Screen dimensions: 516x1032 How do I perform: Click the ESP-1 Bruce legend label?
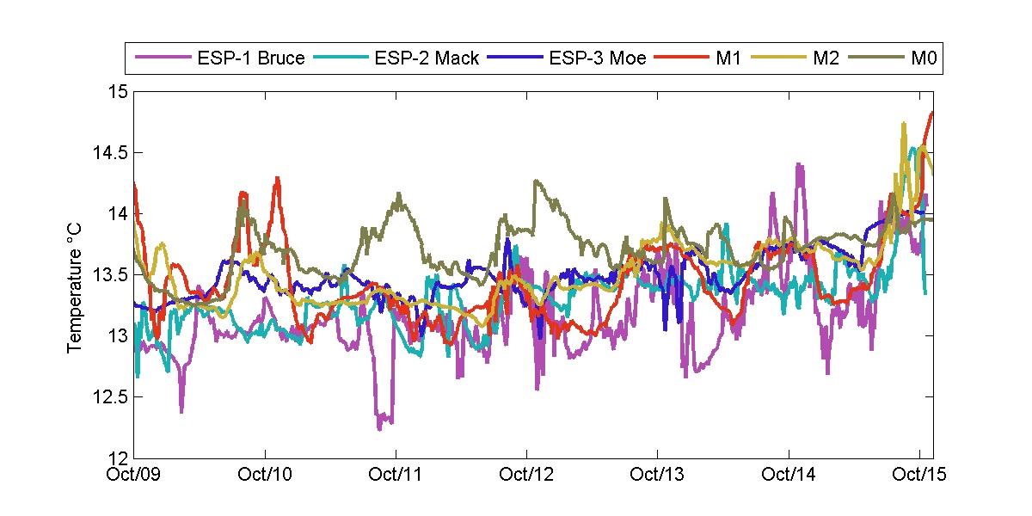tap(249, 59)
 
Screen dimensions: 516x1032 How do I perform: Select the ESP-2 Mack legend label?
tap(426, 59)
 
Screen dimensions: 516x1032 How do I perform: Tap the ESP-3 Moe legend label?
tap(597, 59)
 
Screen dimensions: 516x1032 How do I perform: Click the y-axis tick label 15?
tap(118, 91)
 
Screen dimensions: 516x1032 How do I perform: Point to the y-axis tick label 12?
tap(118, 458)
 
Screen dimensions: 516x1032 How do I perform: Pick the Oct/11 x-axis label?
tap(396, 475)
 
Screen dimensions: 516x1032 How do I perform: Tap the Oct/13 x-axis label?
tap(658, 475)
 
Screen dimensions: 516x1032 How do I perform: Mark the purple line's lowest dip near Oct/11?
tap(379, 427)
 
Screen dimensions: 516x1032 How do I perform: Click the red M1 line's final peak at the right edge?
tap(932, 112)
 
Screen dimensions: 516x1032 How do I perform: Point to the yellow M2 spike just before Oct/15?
tap(904, 124)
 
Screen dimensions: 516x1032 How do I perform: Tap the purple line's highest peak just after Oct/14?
tap(800, 164)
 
